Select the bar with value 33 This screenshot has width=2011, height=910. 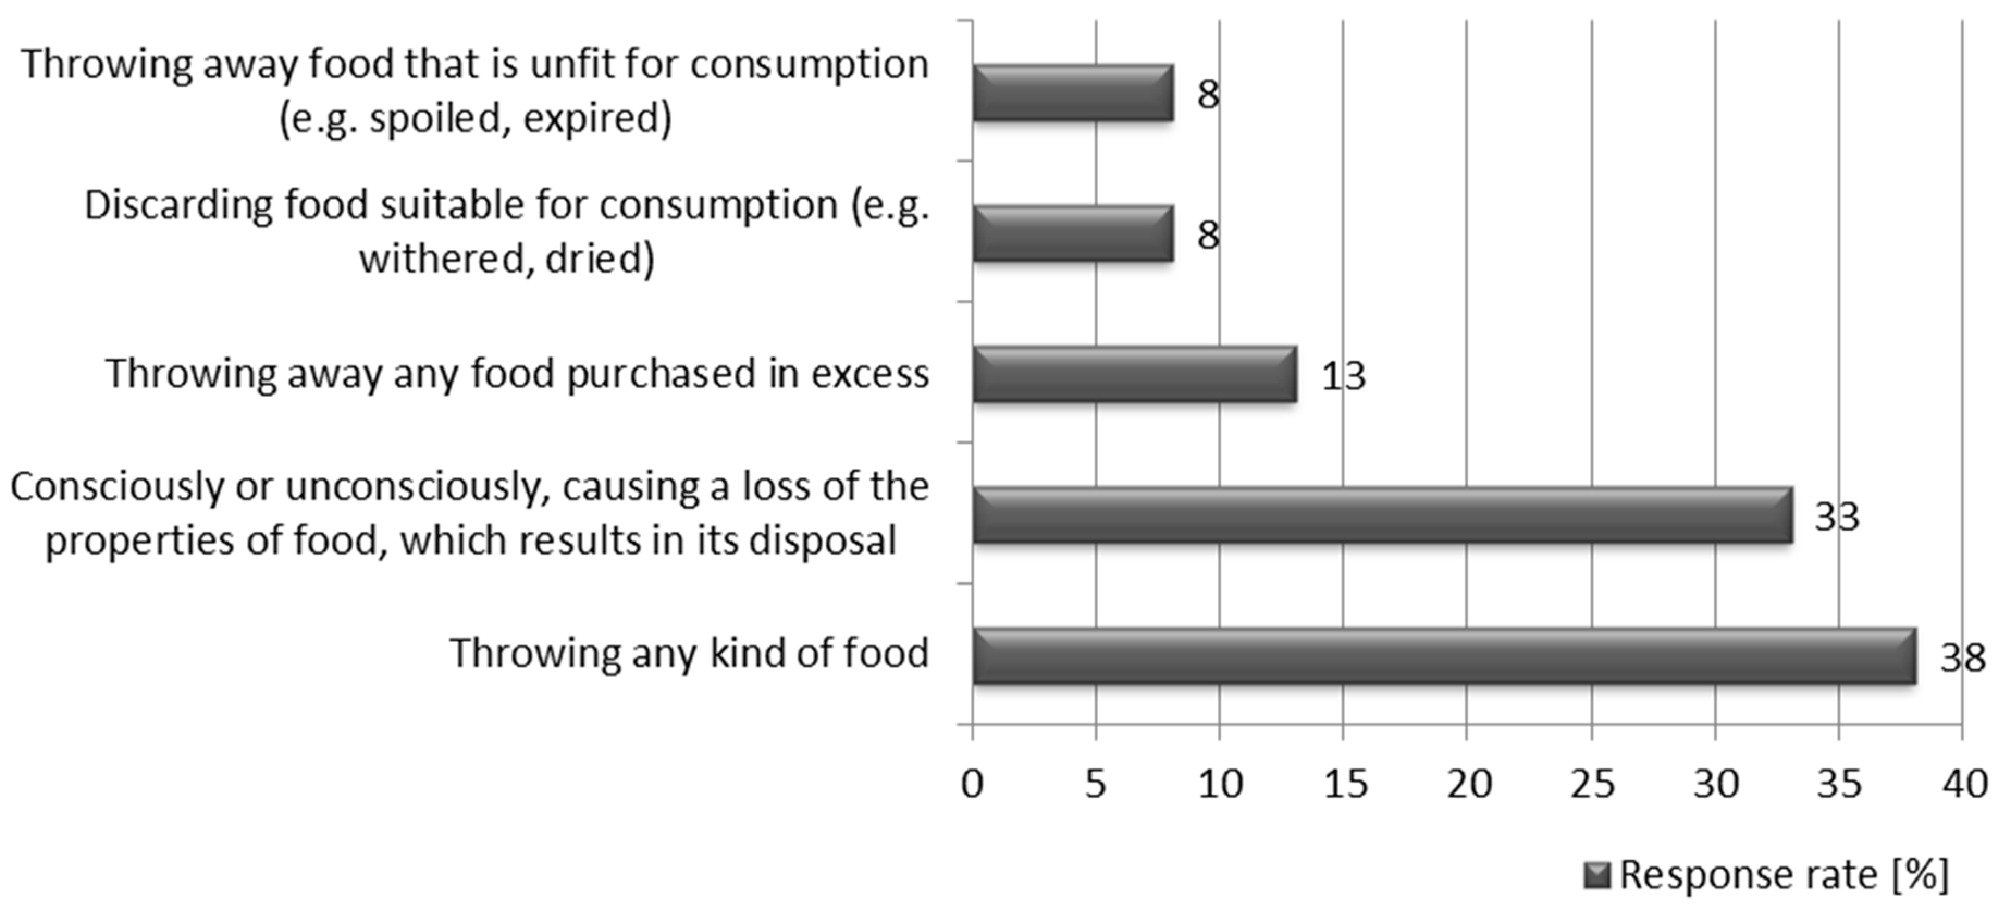pyautogui.click(x=1382, y=515)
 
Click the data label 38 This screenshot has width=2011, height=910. pyautogui.click(x=1962, y=657)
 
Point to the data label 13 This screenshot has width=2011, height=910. pyautogui.click(x=1343, y=377)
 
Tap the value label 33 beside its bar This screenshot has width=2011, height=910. pyautogui.click(x=1836, y=517)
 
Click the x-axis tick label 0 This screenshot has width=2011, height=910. pyautogui.click(x=972, y=783)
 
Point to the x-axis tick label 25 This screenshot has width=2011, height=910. pyautogui.click(x=1592, y=783)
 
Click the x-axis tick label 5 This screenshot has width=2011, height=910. pyautogui.click(x=1095, y=783)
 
